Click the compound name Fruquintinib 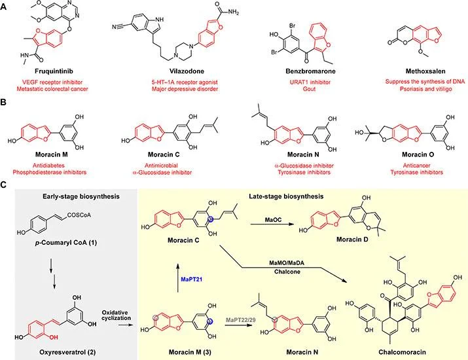54,71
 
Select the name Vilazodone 187,71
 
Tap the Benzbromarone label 310,71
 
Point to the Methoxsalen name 425,71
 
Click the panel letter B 3,102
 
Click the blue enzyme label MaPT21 192,279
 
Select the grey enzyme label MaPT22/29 241,320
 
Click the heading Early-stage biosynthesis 81,196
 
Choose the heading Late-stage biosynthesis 286,196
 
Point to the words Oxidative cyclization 116,315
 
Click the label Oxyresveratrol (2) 67,352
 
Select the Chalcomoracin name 402,352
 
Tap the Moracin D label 352,240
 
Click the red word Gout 309,89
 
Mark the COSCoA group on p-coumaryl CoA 79,215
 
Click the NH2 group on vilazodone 232,12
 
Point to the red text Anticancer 417,166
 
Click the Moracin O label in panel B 418,154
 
